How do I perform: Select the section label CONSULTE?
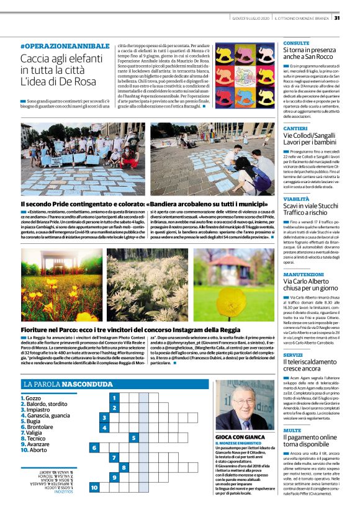(x=296, y=43)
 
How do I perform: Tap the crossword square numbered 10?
(x=94, y=488)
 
